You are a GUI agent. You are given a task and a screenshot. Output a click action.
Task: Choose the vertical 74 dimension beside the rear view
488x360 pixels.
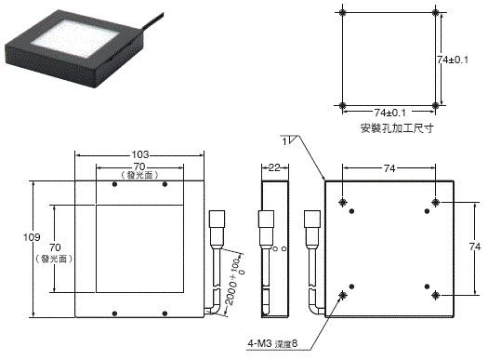[x=473, y=247]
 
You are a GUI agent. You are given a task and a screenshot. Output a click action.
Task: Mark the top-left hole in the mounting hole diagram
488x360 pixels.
[x=344, y=14]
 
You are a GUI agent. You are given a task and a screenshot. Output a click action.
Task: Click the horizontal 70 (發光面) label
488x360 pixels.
[x=138, y=170]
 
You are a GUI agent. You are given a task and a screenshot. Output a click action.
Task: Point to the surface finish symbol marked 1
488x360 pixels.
[x=289, y=141]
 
